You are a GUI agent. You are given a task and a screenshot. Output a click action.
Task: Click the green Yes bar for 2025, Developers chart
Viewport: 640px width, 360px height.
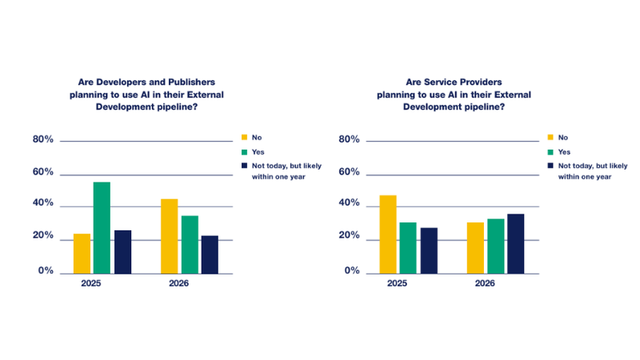(102, 228)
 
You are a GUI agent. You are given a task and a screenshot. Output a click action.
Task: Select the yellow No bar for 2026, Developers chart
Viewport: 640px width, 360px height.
(170, 236)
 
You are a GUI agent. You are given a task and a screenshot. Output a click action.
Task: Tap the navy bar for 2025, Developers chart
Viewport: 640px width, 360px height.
(123, 252)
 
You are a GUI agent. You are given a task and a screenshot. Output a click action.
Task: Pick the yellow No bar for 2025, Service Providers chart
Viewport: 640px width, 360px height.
(388, 234)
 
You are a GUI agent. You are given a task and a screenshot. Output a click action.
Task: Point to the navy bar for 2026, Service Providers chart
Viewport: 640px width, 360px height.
(516, 244)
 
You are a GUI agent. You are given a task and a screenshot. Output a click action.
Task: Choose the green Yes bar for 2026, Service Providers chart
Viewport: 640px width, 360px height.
(496, 246)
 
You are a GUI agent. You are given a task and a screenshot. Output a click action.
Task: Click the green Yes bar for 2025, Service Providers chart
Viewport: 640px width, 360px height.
(408, 248)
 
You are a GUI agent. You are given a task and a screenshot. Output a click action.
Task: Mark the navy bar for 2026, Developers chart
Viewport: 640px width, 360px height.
(210, 254)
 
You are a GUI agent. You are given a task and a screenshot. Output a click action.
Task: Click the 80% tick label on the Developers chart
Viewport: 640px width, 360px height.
(43, 139)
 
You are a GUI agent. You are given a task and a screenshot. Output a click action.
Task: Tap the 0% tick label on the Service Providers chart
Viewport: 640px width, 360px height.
(352, 270)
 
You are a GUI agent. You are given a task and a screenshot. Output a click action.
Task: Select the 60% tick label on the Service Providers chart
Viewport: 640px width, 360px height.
(349, 172)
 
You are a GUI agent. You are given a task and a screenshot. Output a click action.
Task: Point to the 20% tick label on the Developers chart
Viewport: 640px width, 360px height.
(43, 235)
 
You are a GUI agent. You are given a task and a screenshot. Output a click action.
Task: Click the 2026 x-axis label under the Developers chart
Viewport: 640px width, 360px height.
(178, 283)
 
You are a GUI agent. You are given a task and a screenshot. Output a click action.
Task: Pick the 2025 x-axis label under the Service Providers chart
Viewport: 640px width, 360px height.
(397, 283)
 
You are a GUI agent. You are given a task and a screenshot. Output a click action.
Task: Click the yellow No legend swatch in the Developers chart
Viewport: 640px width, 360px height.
(245, 138)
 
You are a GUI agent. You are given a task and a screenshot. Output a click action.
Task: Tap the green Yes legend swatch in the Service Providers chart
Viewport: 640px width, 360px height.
(550, 152)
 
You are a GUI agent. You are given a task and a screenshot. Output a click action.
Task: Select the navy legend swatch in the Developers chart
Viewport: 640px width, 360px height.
(245, 166)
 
